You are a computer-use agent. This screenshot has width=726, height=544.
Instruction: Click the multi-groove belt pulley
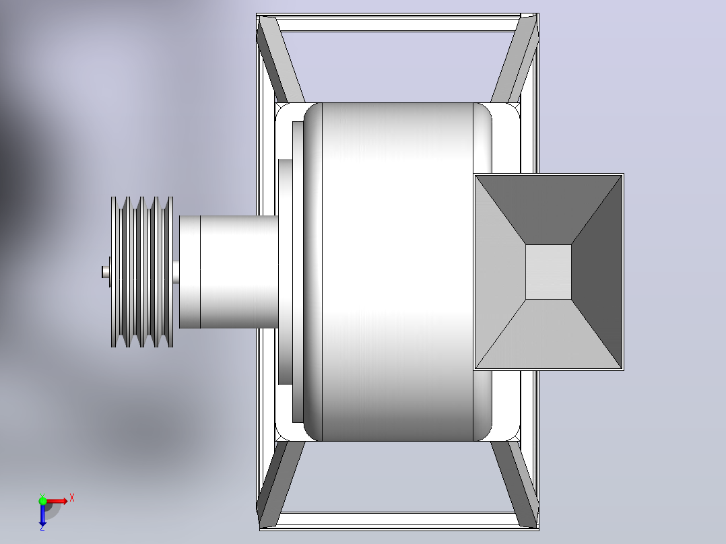[x=141, y=272]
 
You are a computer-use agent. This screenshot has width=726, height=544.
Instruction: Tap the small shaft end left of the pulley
[x=105, y=272]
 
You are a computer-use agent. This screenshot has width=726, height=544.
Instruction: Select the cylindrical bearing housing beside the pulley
[x=229, y=272]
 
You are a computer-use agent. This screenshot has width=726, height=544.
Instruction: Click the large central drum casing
[x=397, y=272]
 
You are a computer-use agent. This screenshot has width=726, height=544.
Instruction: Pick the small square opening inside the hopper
[x=548, y=272]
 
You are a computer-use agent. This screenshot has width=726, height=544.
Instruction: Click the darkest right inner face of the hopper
[x=597, y=272]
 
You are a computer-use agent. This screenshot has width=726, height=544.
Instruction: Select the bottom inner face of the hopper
[x=548, y=334]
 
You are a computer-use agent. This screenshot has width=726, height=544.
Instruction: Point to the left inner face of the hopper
[x=500, y=272]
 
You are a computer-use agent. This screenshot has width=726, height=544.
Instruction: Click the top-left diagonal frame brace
[x=279, y=59]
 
